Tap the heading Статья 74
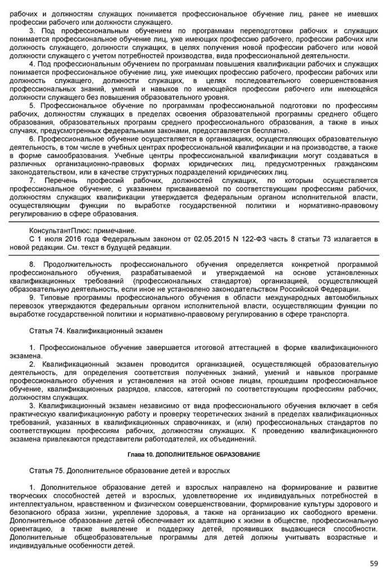point(47,327)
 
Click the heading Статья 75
point(47,470)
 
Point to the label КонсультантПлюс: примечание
point(82,231)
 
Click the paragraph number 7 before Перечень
point(32,181)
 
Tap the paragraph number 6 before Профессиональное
point(32,138)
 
